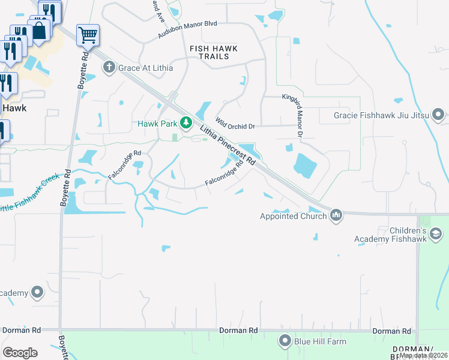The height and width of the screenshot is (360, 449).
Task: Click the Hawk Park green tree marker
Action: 186,123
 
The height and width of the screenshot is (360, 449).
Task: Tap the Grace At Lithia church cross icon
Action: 109,67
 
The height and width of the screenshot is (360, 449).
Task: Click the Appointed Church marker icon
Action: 336,215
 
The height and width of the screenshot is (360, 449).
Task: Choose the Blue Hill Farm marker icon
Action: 285,341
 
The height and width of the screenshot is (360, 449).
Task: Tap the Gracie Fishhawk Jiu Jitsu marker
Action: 439,114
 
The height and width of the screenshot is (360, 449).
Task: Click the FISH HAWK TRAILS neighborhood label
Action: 214,52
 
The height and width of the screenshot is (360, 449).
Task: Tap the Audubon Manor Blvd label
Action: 187,29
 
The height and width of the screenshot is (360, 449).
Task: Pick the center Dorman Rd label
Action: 238,331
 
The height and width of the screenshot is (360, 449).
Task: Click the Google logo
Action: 20,353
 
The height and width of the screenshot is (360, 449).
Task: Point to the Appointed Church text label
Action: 292,217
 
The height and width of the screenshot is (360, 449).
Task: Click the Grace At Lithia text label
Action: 145,68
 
